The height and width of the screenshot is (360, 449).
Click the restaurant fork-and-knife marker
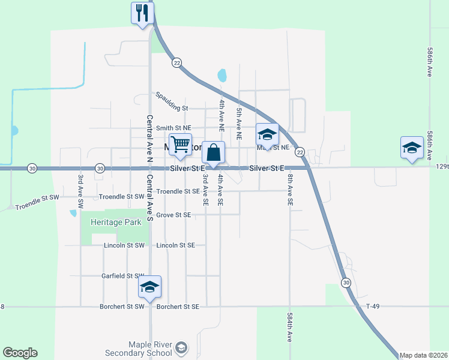pos(142,13)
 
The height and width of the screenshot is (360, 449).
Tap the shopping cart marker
pos(180,145)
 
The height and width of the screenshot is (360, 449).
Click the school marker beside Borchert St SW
pos(149,287)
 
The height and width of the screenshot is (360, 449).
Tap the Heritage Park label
pos(116,222)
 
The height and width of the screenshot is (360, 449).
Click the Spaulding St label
pos(172,100)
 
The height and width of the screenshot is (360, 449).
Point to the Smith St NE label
pos(173,128)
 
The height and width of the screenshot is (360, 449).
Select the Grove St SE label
pos(173,215)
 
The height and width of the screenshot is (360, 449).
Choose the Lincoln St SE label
pos(175,245)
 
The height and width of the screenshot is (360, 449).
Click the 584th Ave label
pos(290,327)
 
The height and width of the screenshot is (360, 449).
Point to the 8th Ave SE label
pos(290,190)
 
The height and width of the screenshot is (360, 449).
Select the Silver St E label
pos(267,169)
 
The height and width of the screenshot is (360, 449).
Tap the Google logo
pos(20,353)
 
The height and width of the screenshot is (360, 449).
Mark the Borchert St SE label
pos(177,307)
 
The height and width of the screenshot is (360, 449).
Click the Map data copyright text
pos(423,355)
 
